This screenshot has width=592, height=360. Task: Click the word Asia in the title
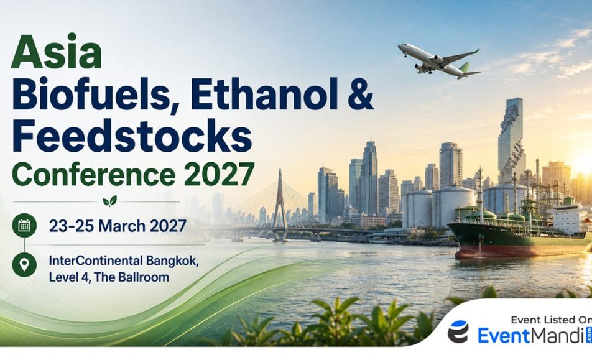(57, 52)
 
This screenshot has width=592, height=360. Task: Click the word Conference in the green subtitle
(94, 174)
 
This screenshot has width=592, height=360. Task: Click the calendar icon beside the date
(24, 226)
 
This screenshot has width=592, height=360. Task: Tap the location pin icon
(24, 265)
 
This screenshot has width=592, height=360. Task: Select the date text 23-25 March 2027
(118, 226)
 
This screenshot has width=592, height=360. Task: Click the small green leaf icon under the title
(109, 201)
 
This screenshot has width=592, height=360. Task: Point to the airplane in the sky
(439, 60)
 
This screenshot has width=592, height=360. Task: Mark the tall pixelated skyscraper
(512, 141)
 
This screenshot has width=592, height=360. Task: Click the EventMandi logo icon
(458, 331)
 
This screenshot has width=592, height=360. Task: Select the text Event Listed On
(551, 320)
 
